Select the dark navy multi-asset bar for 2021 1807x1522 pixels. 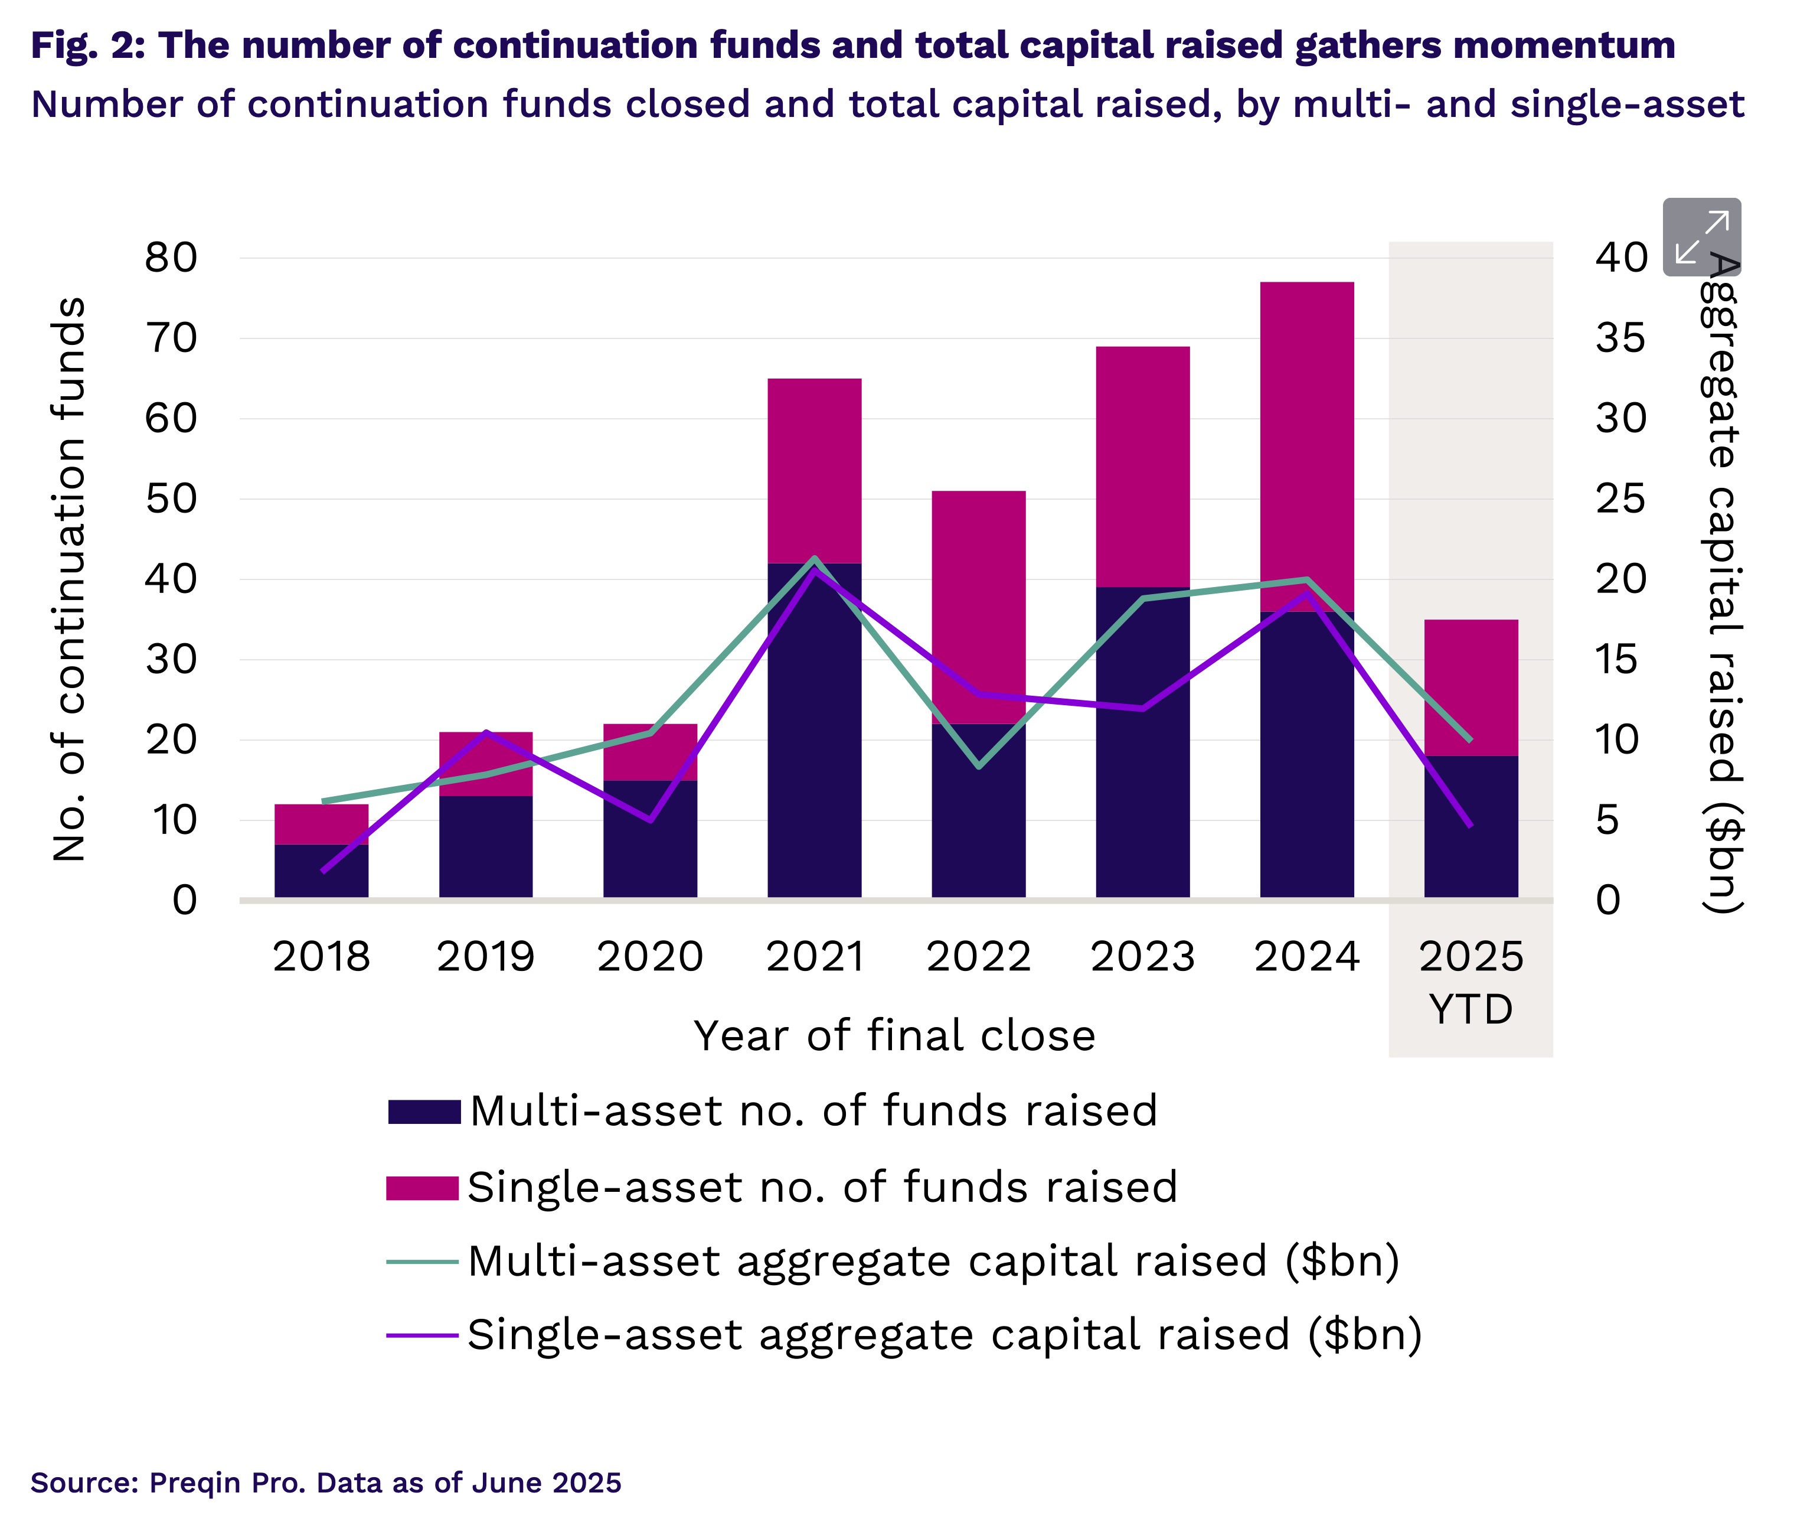814,760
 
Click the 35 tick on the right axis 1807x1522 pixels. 1620,338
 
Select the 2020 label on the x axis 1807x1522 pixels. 649,956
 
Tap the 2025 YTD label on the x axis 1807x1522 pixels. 1471,982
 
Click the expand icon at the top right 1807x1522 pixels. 1701,236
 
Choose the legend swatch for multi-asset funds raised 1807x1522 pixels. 423,1112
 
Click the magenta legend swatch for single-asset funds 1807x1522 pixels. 421,1187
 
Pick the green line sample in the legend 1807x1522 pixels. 421,1262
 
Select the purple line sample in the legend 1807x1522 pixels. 421,1335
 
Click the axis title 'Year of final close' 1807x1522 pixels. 894,1035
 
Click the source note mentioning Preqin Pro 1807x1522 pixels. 326,1482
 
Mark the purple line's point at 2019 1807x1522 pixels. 486,732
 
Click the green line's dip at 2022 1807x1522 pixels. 978,766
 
